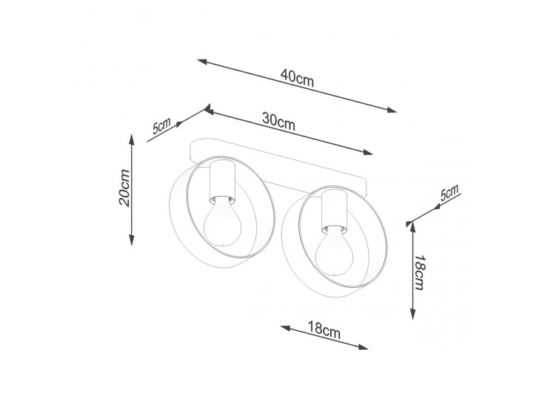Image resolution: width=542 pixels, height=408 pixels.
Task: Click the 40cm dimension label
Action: click(x=297, y=78)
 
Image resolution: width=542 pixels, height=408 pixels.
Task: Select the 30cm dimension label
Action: click(x=278, y=121)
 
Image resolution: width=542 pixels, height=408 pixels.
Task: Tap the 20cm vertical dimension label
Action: click(x=124, y=188)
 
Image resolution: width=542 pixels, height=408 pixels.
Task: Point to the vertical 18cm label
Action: click(x=419, y=272)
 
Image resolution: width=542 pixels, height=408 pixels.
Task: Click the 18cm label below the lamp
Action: click(x=324, y=329)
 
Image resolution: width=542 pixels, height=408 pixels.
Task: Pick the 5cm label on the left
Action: click(x=161, y=125)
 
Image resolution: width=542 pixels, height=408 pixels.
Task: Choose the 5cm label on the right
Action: click(x=449, y=193)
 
